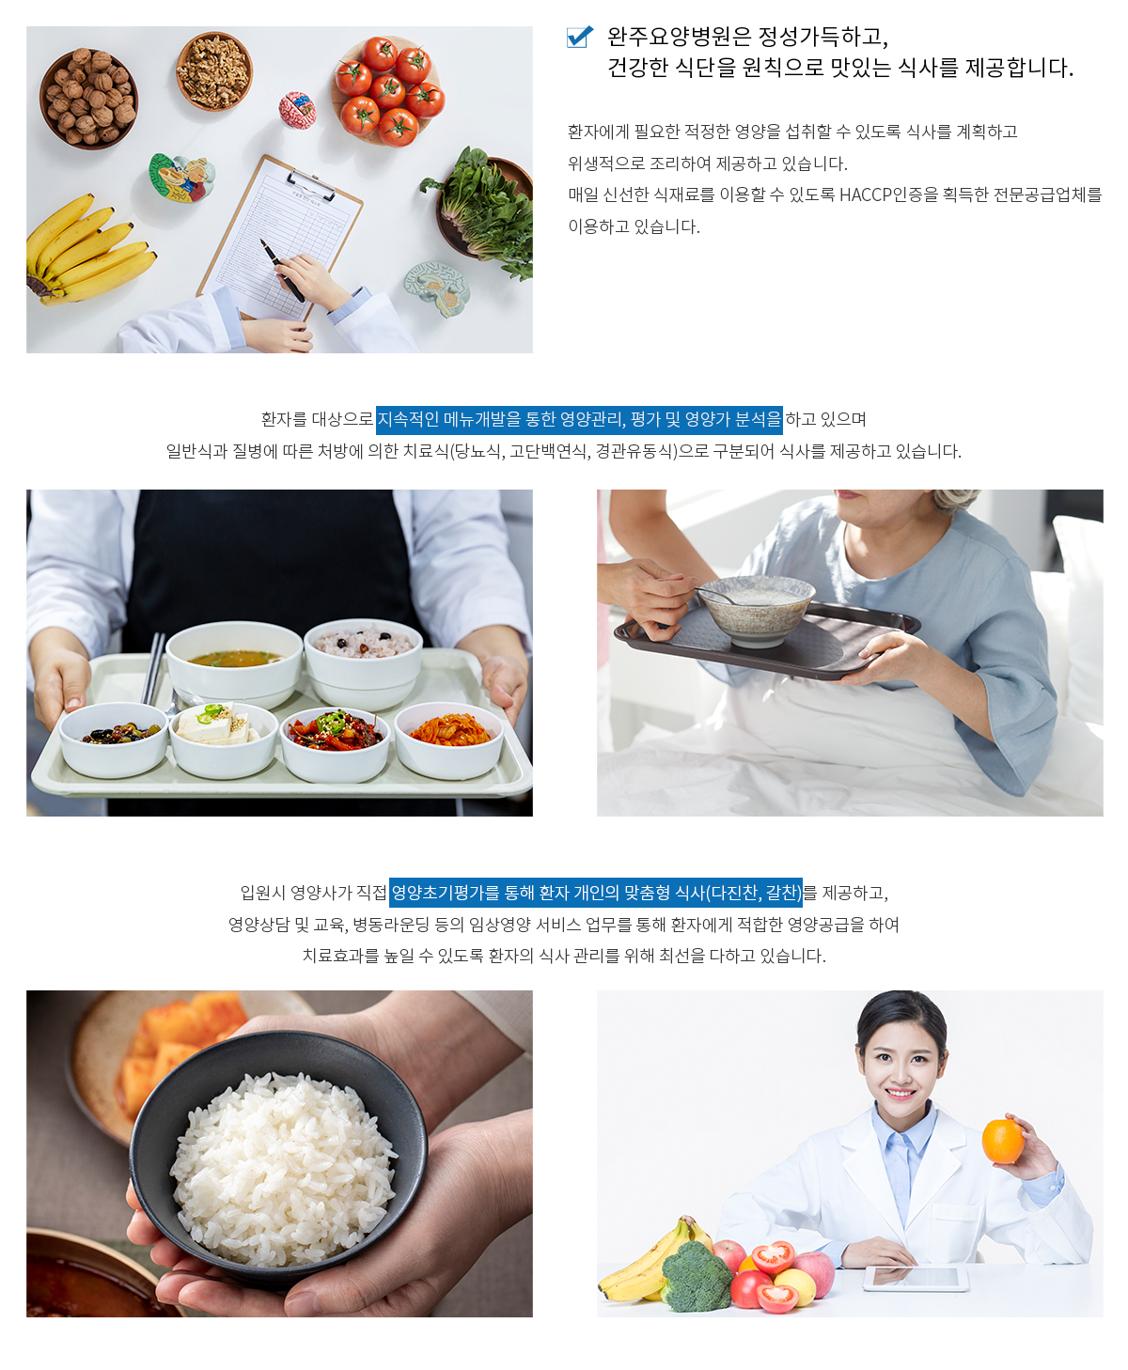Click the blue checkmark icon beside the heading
579,37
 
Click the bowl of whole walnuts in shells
88,98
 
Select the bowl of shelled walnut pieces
213,71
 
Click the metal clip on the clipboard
311,184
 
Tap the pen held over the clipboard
282,271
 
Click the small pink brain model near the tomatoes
298,109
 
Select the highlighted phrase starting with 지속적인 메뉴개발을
579,419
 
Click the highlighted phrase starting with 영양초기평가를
596,892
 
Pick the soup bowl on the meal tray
234,662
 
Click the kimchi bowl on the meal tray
449,739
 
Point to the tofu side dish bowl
223,739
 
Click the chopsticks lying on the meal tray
154,668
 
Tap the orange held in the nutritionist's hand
1003,1141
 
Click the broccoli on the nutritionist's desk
696,1276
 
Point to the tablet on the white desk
916,1277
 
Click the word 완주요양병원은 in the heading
679,37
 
